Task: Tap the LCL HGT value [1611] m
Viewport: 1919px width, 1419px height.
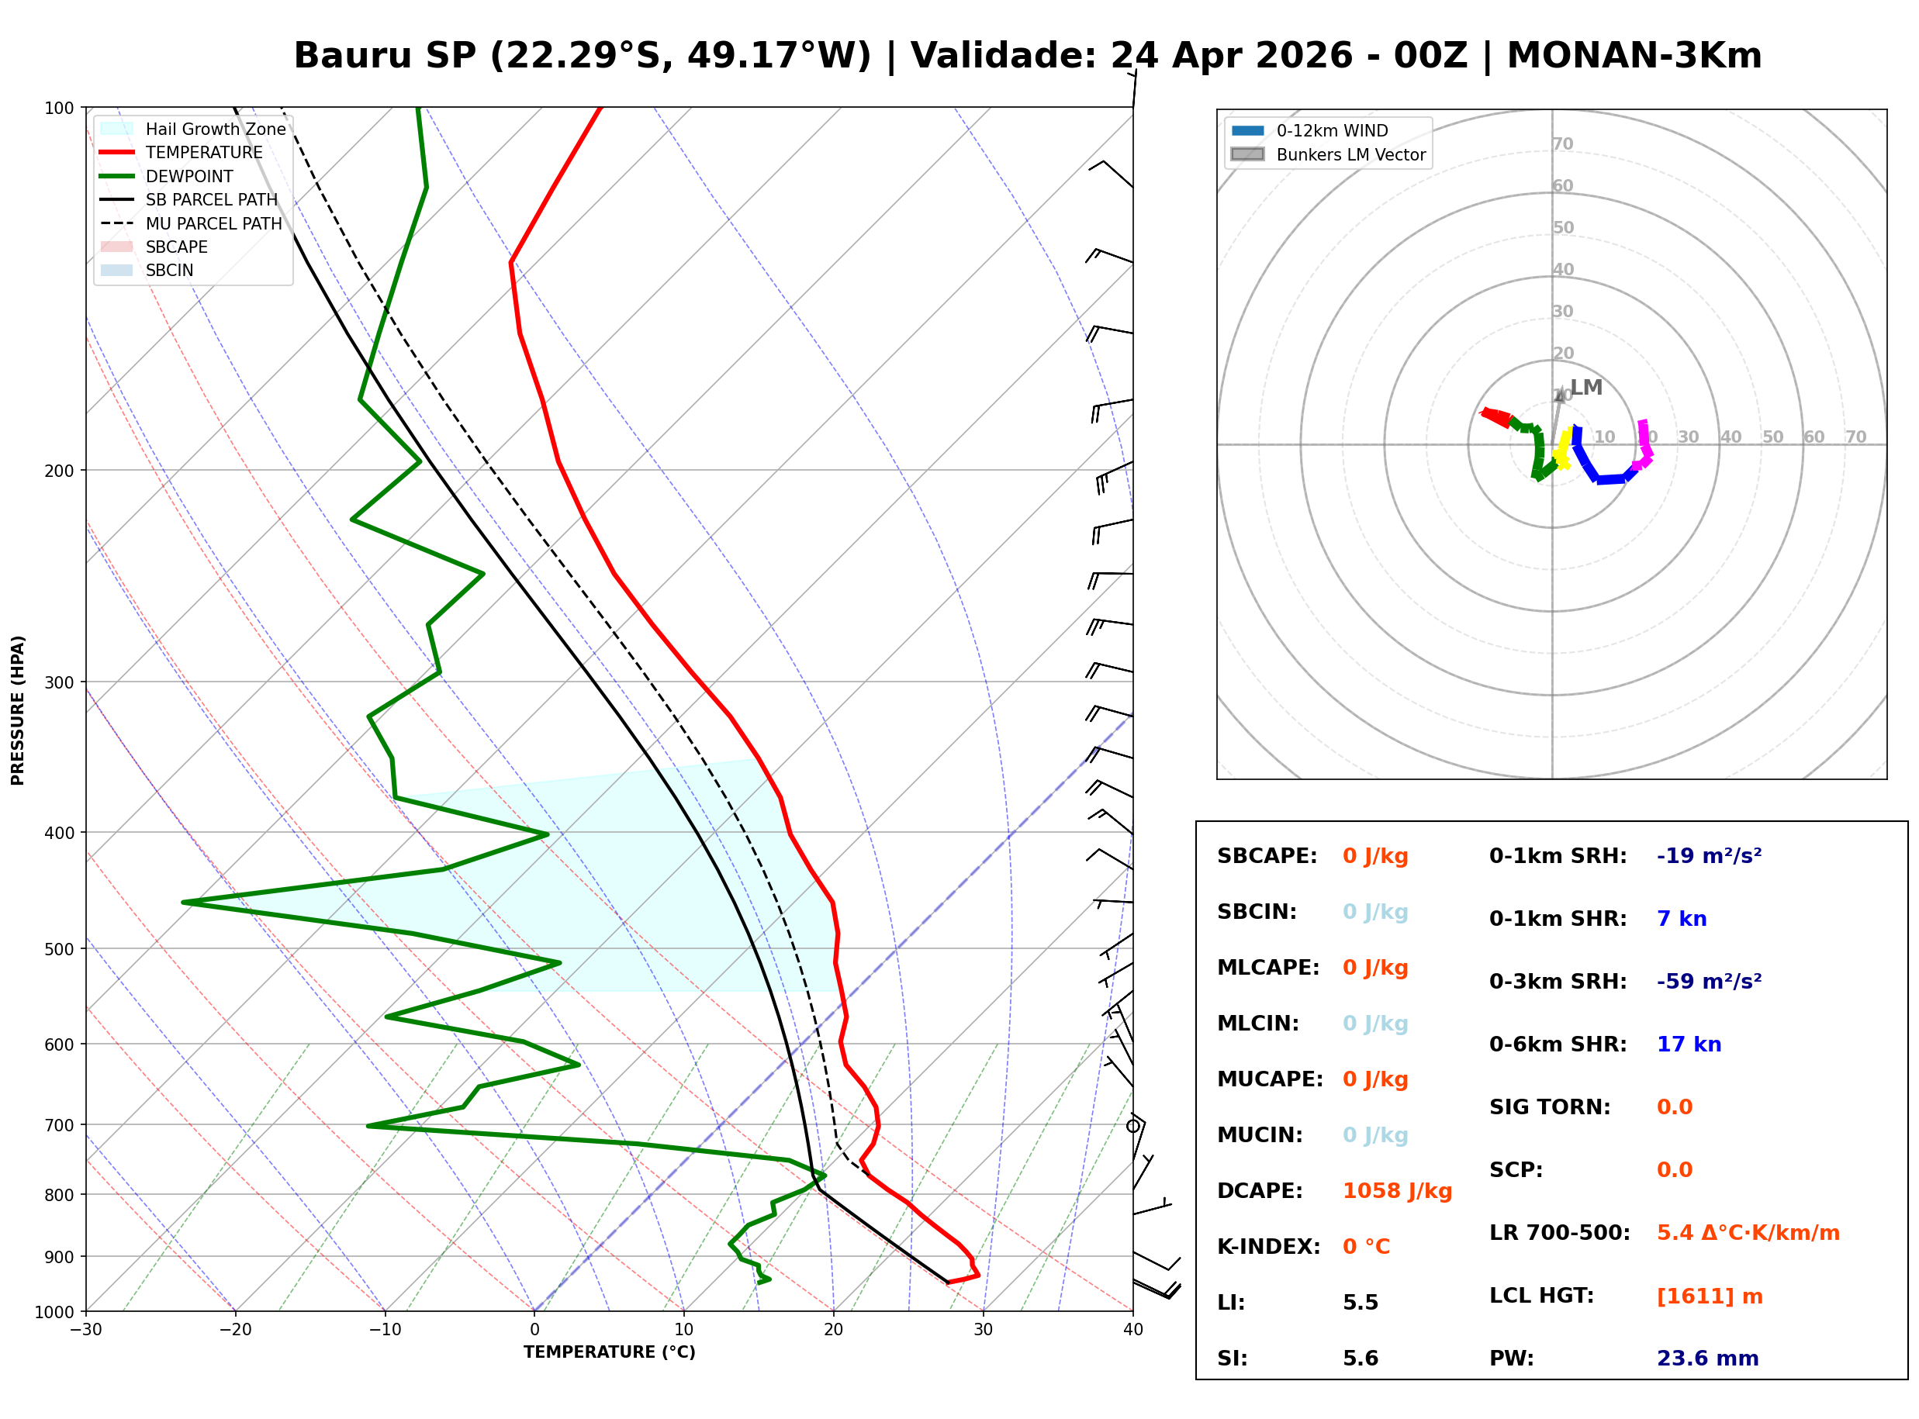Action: [x=1709, y=1296]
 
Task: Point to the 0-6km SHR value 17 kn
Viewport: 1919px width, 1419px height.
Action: [x=1688, y=1044]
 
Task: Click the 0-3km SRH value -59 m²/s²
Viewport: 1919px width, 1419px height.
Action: [x=1709, y=982]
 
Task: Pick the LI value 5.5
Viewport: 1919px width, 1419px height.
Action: [x=1360, y=1303]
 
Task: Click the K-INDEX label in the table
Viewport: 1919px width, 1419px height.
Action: [x=1268, y=1247]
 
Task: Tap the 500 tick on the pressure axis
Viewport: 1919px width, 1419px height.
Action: [x=59, y=949]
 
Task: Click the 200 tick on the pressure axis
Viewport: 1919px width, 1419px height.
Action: [x=59, y=471]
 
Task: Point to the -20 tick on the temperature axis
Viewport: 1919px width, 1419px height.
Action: [x=234, y=1331]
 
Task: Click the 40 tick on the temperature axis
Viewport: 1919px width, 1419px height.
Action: [x=1132, y=1331]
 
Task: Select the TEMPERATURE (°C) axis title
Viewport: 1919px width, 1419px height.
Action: [x=609, y=1353]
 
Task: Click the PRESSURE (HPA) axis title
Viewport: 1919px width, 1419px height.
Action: [x=18, y=710]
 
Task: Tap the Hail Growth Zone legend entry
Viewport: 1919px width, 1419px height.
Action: [x=215, y=129]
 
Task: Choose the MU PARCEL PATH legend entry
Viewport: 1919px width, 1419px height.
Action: [x=213, y=223]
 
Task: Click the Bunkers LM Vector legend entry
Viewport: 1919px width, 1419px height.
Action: [x=1350, y=154]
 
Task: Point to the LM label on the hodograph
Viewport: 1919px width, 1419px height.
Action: [x=1585, y=388]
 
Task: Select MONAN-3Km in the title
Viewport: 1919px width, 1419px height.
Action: [x=1634, y=56]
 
